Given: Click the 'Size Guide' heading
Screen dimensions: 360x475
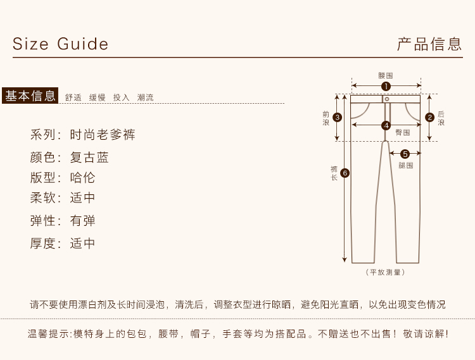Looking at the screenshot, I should pyautogui.click(x=61, y=44).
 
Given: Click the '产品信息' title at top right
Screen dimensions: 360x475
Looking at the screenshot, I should pyautogui.click(x=429, y=44).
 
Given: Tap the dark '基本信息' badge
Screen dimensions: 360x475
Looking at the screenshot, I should pyautogui.click(x=30, y=96).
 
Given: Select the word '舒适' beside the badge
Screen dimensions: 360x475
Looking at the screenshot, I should pyautogui.click(x=73, y=97).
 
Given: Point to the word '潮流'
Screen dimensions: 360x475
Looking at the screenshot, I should pyautogui.click(x=145, y=97).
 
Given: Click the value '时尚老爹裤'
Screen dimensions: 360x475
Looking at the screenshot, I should pyautogui.click(x=103, y=135).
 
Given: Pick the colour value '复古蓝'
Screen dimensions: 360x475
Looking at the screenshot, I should pyautogui.click(x=89, y=158).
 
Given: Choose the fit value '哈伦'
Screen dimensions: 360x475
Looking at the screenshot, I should pyautogui.click(x=82, y=178).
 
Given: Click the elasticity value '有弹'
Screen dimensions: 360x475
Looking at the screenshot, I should pyautogui.click(x=82, y=221).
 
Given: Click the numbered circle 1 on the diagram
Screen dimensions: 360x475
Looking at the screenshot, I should pyautogui.click(x=386, y=86).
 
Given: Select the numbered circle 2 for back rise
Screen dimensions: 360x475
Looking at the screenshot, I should pyautogui.click(x=429, y=116).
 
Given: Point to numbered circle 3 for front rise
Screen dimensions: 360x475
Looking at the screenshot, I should pyautogui.click(x=338, y=117).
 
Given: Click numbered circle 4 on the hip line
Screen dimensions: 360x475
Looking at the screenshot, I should pyautogui.click(x=386, y=125).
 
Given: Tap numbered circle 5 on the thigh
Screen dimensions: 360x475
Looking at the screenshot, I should pyautogui.click(x=405, y=153).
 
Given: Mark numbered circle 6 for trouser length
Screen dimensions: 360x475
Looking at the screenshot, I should pyautogui.click(x=345, y=173).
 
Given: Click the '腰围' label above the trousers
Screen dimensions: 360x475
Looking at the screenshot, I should pyautogui.click(x=386, y=75).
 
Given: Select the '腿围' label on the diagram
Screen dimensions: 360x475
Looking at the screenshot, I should pyautogui.click(x=406, y=165).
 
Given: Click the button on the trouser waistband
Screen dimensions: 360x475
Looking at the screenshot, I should pyautogui.click(x=386, y=99).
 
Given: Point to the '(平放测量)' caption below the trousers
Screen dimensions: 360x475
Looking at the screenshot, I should pyautogui.click(x=385, y=272).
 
